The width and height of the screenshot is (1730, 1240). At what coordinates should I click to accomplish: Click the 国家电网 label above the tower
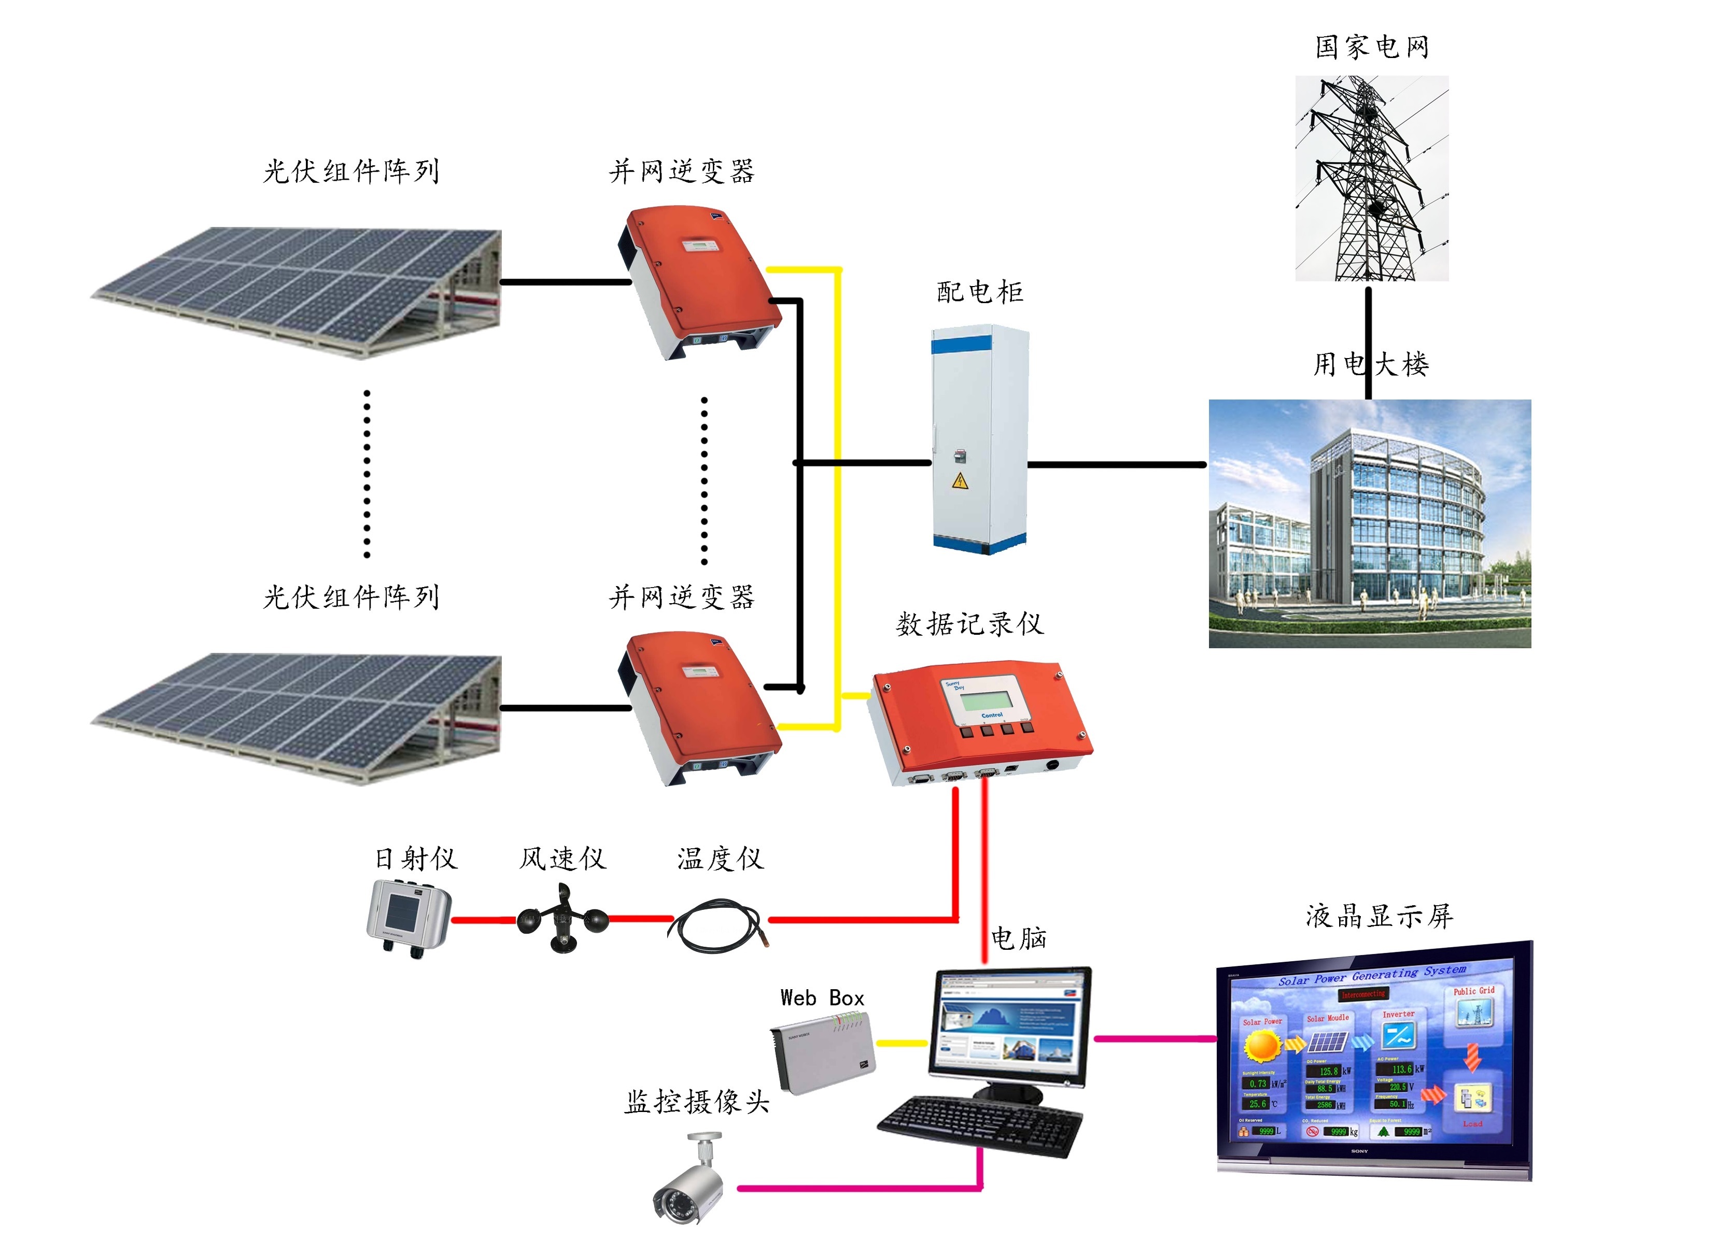click(x=1371, y=47)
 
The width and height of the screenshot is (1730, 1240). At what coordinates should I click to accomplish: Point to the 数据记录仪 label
click(x=969, y=624)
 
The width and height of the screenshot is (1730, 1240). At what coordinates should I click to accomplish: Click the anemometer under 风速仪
click(x=562, y=919)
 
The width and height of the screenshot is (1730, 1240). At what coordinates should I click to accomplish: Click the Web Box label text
click(x=822, y=998)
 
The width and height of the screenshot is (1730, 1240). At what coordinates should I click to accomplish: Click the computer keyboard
click(x=980, y=1124)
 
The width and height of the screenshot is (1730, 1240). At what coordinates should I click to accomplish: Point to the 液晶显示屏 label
click(x=1379, y=916)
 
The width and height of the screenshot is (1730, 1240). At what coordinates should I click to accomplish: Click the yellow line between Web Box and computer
click(x=902, y=1043)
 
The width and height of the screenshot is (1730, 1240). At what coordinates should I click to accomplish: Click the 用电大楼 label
click(x=1371, y=364)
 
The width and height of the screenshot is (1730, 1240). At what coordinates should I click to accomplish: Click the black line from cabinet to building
click(x=1118, y=464)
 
